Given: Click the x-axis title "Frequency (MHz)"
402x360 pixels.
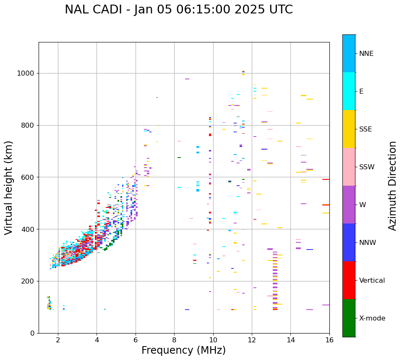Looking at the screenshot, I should pos(183,350).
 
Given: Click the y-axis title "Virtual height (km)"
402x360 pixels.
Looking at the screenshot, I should pos(9,188).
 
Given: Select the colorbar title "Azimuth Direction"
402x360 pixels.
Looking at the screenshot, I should pos(392,186).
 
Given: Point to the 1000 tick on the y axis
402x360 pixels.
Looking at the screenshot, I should pos(26,73).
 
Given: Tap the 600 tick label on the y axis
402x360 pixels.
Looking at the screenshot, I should pos(29,177).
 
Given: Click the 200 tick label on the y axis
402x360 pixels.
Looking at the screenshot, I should pos(29,281).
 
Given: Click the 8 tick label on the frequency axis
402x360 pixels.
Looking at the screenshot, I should pos(174,340).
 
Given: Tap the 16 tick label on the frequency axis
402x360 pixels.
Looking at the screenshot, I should pos(329,340).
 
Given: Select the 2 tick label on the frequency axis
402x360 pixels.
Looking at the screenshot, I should pos(58,340).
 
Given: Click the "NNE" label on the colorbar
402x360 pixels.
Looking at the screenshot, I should pos(366,54).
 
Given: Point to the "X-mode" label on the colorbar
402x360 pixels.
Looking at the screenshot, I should pos(372,318).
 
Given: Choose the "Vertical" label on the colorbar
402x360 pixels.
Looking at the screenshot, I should pos(372,281).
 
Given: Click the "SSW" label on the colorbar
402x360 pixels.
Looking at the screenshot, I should pos(367,167).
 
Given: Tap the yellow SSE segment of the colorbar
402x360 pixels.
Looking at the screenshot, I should pos(349,129).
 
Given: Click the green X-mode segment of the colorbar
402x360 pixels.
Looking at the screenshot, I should pos(349,318).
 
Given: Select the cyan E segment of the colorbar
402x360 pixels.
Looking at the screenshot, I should pos(349,91).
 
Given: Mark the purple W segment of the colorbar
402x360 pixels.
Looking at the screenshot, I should pos(349,205).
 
